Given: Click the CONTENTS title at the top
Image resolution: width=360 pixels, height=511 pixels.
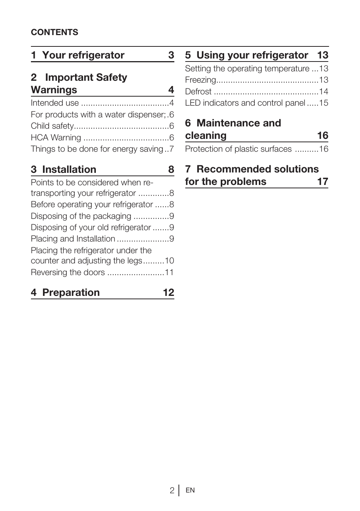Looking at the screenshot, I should point(54,32).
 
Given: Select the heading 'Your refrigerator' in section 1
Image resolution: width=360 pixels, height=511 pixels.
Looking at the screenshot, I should point(83,55).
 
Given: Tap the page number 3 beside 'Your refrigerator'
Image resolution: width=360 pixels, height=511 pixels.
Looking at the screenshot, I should point(171,55).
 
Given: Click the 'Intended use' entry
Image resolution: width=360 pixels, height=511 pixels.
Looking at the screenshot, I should point(55,103).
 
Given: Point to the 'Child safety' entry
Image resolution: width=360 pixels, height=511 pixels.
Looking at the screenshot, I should point(52,126).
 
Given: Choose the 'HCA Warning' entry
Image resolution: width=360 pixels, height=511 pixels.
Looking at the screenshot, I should point(56,138).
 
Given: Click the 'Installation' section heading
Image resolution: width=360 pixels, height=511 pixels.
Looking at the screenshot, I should point(69,169).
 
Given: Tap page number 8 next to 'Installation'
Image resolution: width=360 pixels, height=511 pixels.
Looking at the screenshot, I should point(171,169).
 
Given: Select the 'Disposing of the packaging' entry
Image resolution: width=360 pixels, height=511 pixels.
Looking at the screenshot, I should point(81,216).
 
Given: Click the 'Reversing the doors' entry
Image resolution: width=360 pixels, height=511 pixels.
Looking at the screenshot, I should point(68,272).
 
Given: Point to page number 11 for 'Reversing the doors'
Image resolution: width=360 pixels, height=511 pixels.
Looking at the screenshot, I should point(169,272).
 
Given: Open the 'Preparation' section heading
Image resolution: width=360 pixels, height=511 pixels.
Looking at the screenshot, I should point(71,292).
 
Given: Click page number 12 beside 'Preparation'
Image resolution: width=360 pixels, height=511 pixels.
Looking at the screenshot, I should point(168,292).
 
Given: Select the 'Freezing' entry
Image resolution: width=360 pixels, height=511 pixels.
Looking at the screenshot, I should point(200,80).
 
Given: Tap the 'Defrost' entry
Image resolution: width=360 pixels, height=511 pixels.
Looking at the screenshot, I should point(198,92).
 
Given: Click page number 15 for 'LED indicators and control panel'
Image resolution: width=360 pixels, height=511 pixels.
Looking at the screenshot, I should point(323,103).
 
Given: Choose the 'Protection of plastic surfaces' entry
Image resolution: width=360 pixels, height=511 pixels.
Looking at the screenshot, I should point(238,149).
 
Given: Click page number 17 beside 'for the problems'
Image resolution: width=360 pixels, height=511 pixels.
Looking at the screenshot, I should point(322,182).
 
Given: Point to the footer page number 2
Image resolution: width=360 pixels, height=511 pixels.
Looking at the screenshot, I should point(172,490).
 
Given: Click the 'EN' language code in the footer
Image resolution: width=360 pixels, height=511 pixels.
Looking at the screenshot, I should point(190,490).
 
